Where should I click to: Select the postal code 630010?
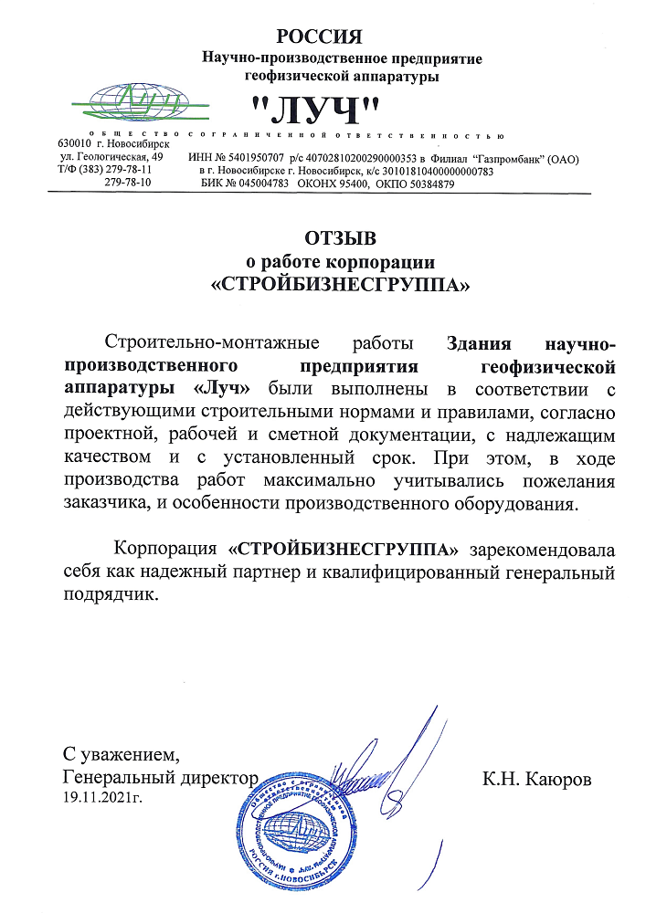(74, 144)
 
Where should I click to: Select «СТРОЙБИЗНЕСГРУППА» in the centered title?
(340, 285)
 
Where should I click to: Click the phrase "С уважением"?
(116, 755)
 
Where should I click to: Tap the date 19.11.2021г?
(101, 798)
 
